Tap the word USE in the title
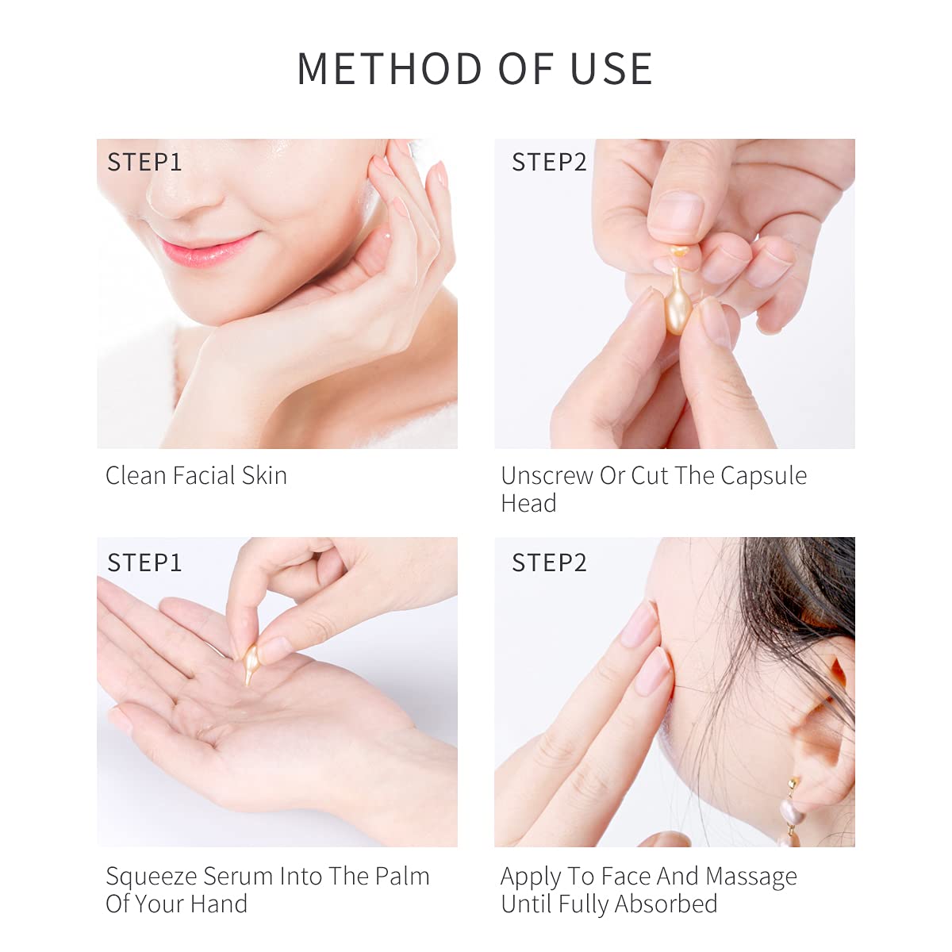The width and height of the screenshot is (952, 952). pyautogui.click(x=612, y=69)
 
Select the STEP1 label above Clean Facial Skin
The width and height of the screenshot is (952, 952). pyautogui.click(x=144, y=163)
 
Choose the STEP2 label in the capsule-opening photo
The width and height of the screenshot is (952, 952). pyautogui.click(x=549, y=163)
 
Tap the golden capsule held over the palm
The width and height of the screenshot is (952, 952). pyautogui.click(x=251, y=662)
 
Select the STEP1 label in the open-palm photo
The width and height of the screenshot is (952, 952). pyautogui.click(x=144, y=563)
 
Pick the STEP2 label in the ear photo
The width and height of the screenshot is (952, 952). pyautogui.click(x=549, y=563)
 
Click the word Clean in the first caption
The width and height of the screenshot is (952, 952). pyautogui.click(x=136, y=476)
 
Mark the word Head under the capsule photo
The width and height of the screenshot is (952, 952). pyautogui.click(x=528, y=504)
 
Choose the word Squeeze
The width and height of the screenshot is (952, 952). pyautogui.click(x=151, y=877)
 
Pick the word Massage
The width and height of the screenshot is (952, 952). pyautogui.click(x=750, y=877)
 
